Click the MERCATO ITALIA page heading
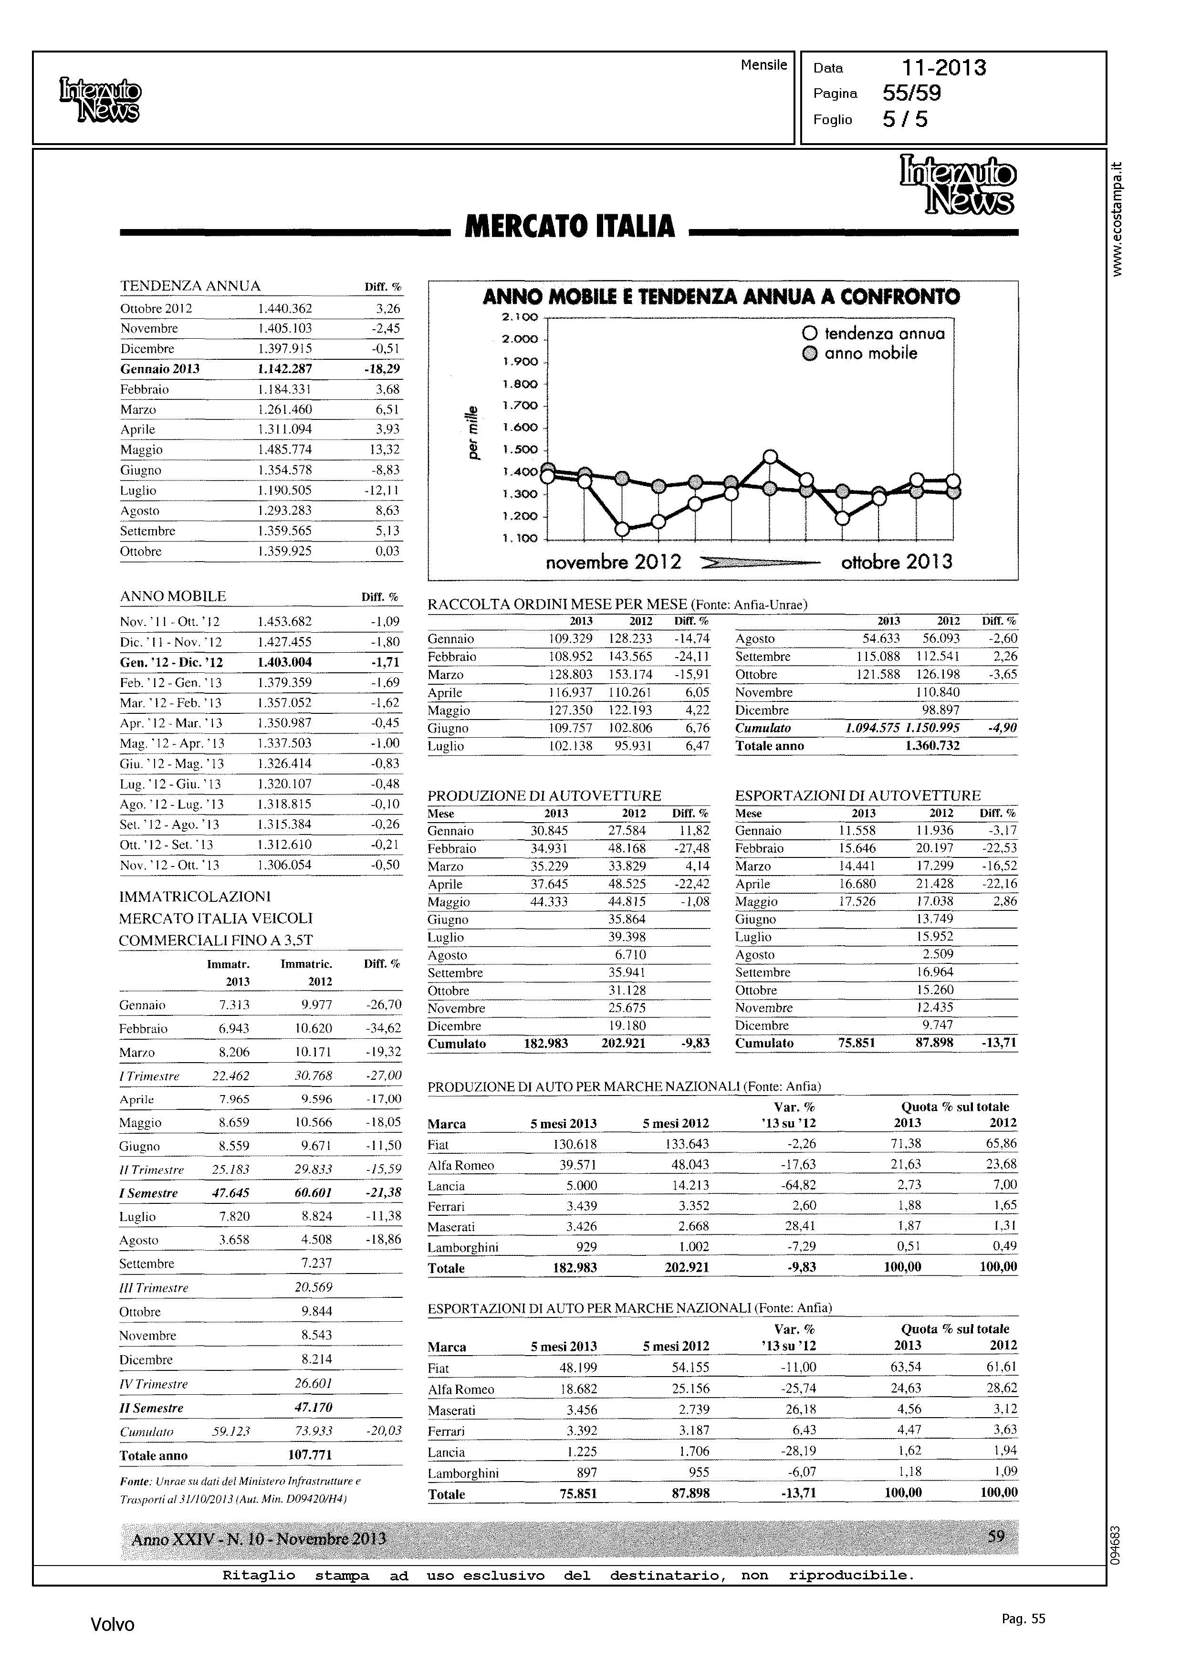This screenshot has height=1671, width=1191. click(570, 227)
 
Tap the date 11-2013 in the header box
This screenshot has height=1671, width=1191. click(944, 68)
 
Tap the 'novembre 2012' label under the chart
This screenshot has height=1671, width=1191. click(613, 563)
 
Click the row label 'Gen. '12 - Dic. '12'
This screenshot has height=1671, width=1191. click(171, 662)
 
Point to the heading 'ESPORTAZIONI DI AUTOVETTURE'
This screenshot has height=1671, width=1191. click(857, 795)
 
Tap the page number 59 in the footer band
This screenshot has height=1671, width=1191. click(995, 1535)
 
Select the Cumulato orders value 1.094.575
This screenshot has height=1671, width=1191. click(872, 728)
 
